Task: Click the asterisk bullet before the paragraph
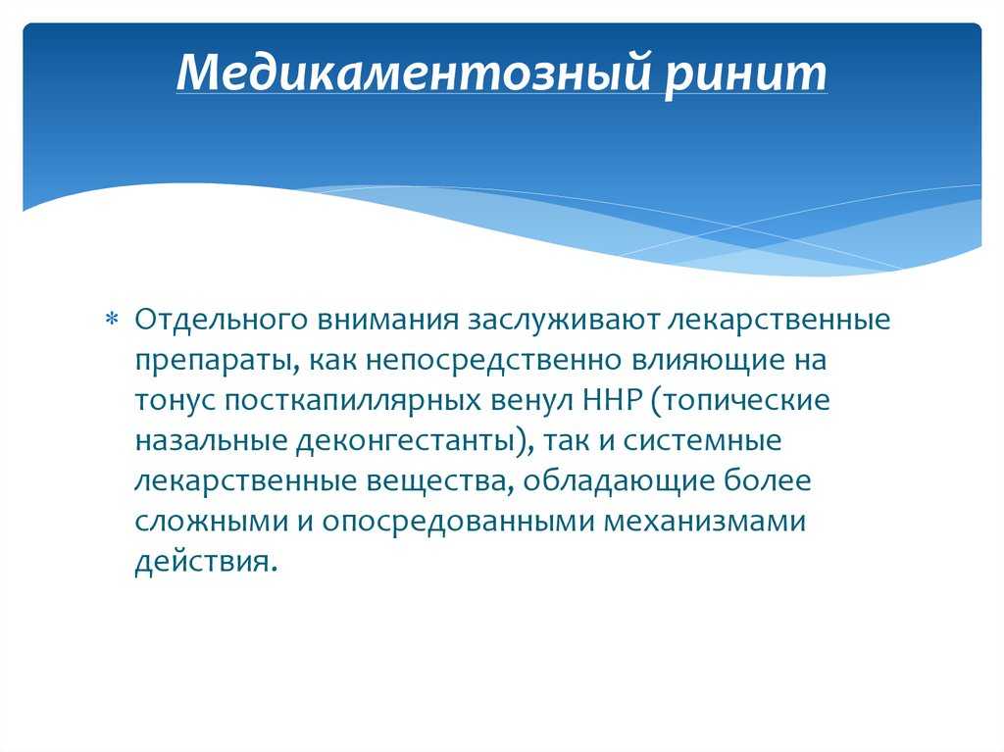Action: [x=112, y=319]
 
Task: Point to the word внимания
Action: [x=388, y=320]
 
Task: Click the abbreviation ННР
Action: [x=612, y=400]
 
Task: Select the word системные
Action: [x=702, y=441]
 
